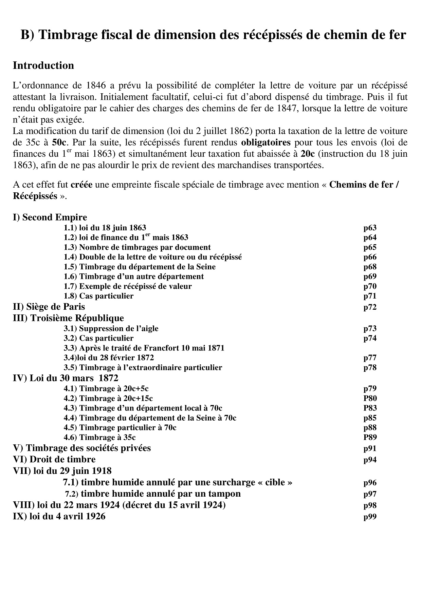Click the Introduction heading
pyautogui.click(x=43, y=65)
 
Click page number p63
pyautogui.click(x=370, y=228)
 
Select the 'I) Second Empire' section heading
pyautogui.click(x=50, y=217)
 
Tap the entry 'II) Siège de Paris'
pyautogui.click(x=49, y=307)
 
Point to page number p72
pyautogui.click(x=370, y=307)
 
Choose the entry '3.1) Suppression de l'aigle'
pyautogui.click(x=111, y=328)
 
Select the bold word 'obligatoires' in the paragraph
pyautogui.click(x=266, y=142)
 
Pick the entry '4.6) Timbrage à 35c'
pyautogui.click(x=99, y=437)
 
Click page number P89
pyautogui.click(x=370, y=437)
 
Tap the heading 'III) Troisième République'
pyautogui.click(x=68, y=318)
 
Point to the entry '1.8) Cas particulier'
pyautogui.click(x=98, y=296)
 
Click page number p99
pyautogui.click(x=370, y=517)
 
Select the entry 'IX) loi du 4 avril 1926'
pyautogui.click(x=59, y=516)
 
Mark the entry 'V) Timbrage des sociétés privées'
pyautogui.click(x=81, y=448)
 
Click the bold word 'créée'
pyautogui.click(x=81, y=185)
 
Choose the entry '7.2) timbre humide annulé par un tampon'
pyautogui.click(x=153, y=494)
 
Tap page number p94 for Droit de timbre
pyautogui.click(x=370, y=460)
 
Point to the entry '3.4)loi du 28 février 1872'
pyautogui.click(x=109, y=358)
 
